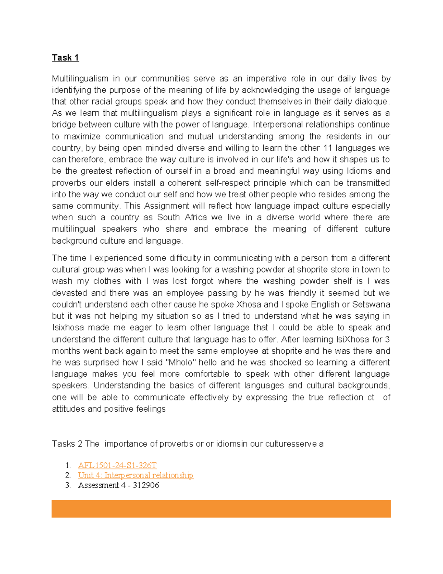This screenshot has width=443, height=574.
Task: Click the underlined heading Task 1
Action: (x=65, y=58)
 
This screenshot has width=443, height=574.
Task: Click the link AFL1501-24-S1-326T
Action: (x=117, y=465)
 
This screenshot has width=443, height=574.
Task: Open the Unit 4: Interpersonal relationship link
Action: (x=135, y=475)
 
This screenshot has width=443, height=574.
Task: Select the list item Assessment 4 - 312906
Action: (x=119, y=485)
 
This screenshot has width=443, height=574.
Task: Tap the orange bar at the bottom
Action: (x=221, y=509)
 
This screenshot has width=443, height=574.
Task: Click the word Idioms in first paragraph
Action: (x=360, y=171)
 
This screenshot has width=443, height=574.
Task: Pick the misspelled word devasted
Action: (x=69, y=293)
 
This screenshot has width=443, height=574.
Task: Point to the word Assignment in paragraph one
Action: (x=168, y=206)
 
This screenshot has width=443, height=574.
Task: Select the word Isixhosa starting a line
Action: (x=68, y=328)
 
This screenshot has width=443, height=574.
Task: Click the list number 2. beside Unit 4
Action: (x=68, y=475)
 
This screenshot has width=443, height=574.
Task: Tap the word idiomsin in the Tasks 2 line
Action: (x=231, y=444)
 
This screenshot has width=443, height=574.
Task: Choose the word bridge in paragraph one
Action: (x=63, y=125)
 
